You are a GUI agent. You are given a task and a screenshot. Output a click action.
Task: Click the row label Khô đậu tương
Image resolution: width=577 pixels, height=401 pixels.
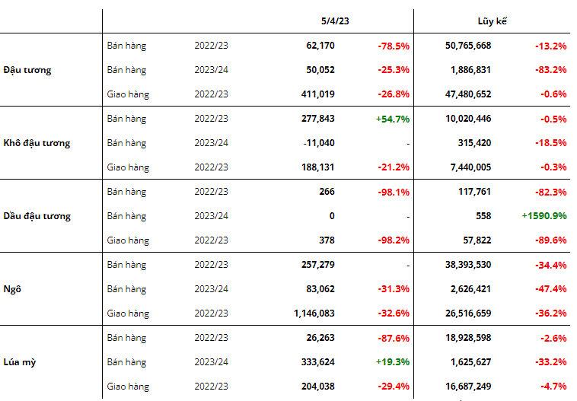pyautogui.click(x=37, y=143)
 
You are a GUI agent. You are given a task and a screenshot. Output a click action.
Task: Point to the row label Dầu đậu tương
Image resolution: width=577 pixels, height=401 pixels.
pyautogui.click(x=37, y=216)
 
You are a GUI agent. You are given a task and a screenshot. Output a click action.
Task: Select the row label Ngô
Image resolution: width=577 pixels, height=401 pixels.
pyautogui.click(x=12, y=289)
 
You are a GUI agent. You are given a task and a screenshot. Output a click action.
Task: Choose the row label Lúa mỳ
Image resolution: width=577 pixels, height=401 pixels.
pyautogui.click(x=20, y=362)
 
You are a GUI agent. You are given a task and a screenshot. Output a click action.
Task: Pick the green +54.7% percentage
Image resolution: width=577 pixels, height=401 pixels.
pyautogui.click(x=393, y=119)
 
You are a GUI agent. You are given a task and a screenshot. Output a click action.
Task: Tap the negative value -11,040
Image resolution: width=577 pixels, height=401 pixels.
pyautogui.click(x=319, y=143)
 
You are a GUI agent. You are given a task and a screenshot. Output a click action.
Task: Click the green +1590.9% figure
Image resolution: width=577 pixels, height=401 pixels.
pyautogui.click(x=544, y=216)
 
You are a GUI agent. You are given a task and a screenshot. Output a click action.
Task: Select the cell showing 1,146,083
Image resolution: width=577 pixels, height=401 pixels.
pyautogui.click(x=314, y=313)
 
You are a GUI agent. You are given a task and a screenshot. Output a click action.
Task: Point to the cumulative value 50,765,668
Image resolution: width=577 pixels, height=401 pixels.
pyautogui.click(x=468, y=46)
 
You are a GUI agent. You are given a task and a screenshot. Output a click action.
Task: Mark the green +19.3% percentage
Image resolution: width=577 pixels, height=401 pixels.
pyautogui.click(x=393, y=362)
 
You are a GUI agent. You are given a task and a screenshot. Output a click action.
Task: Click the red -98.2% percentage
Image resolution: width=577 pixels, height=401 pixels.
pyautogui.click(x=394, y=240)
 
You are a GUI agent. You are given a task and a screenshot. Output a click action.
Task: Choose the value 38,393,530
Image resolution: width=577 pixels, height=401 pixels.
pyautogui.click(x=468, y=265)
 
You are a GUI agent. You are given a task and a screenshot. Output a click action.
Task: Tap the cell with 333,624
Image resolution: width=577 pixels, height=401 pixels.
pyautogui.click(x=318, y=362)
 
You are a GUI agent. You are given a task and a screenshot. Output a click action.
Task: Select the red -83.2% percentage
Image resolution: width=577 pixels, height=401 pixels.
pyautogui.click(x=550, y=70)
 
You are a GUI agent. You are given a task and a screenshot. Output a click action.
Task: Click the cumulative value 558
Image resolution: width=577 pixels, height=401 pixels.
pyautogui.click(x=482, y=216)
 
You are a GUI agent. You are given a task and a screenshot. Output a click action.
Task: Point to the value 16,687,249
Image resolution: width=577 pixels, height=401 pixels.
pyautogui.click(x=468, y=387)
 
